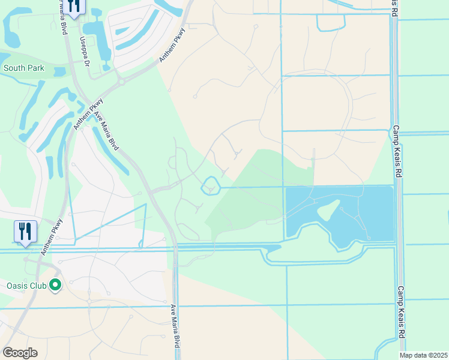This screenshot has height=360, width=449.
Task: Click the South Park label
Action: [23, 68]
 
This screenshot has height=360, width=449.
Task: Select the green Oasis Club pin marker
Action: [56, 285]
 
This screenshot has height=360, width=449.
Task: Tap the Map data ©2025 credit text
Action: [423, 355]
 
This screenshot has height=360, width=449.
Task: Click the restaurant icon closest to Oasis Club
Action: [25, 230]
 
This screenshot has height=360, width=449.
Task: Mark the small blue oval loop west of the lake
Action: [209, 186]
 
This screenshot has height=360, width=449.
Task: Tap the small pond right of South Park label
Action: [60, 71]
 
